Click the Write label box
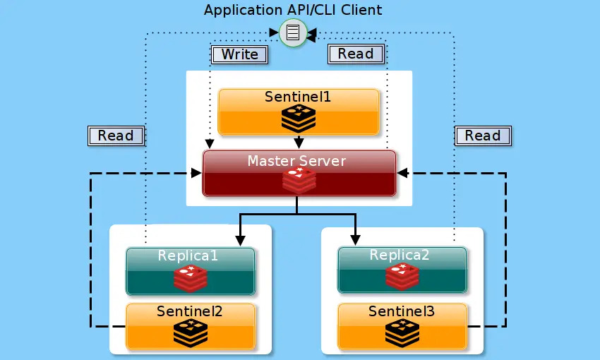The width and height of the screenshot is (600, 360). [239, 54]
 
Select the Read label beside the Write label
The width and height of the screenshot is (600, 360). [356, 54]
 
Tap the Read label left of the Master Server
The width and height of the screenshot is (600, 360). [116, 136]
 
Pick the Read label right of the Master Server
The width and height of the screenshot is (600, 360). [483, 136]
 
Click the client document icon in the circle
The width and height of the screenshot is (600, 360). [293, 32]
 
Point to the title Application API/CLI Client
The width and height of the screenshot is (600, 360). [293, 10]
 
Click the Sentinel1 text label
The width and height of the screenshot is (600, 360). [298, 97]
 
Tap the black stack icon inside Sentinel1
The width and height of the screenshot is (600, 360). [299, 118]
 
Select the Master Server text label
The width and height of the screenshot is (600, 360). [296, 161]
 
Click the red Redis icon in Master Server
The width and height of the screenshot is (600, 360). [299, 180]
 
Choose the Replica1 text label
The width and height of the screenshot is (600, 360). [188, 256]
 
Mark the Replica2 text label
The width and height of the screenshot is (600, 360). [400, 255]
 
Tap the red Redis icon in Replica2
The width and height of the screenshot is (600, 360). [402, 277]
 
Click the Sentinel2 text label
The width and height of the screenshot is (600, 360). [189, 311]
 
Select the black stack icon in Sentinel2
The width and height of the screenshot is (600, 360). [191, 333]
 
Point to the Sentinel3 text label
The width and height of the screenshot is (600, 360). [402, 311]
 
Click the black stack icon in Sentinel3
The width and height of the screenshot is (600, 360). [402, 333]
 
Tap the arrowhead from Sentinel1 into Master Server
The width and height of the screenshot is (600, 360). [299, 143]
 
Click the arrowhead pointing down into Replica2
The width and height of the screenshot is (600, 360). [355, 240]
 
